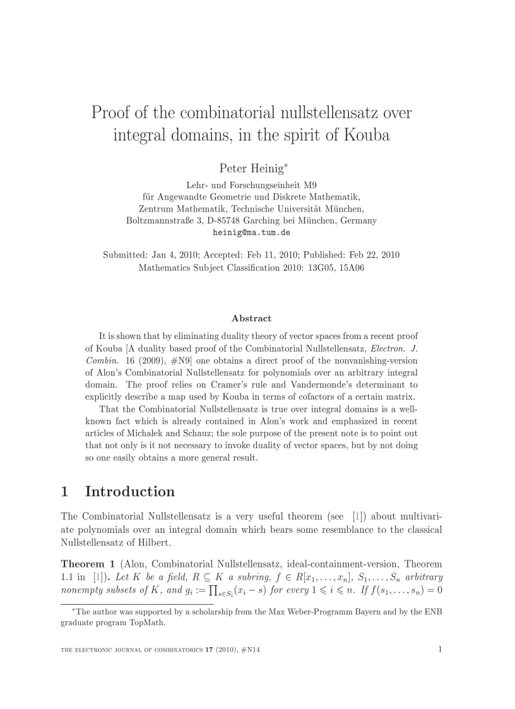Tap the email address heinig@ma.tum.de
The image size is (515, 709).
(x=251, y=232)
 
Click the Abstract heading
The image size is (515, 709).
(x=251, y=319)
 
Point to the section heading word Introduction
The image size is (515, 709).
(x=130, y=491)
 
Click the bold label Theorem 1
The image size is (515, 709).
(x=87, y=564)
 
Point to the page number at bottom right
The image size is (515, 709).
(x=439, y=650)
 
